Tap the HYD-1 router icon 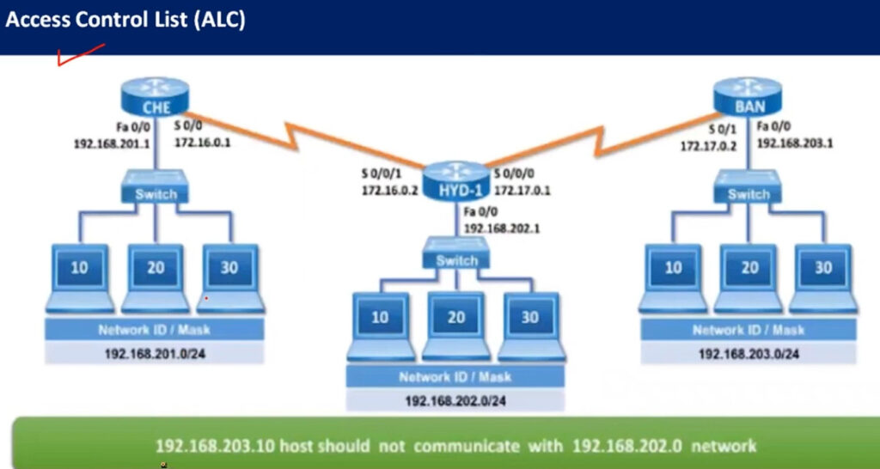click(x=456, y=180)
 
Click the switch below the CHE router click(x=155, y=187)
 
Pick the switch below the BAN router click(x=748, y=187)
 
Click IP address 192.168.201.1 click(x=112, y=143)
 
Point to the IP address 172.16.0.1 click(x=203, y=143)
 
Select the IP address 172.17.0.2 click(x=708, y=146)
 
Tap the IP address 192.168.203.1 click(x=795, y=143)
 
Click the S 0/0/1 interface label click(x=382, y=174)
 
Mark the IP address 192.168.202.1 click(x=502, y=228)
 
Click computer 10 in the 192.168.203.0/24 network click(x=673, y=278)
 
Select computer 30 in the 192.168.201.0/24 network click(x=230, y=278)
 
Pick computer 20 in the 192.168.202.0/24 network click(x=456, y=326)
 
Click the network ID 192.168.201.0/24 click(x=155, y=354)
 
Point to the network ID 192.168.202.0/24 click(x=455, y=401)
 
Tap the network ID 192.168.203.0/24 click(x=749, y=354)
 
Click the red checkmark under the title click(x=81, y=55)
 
